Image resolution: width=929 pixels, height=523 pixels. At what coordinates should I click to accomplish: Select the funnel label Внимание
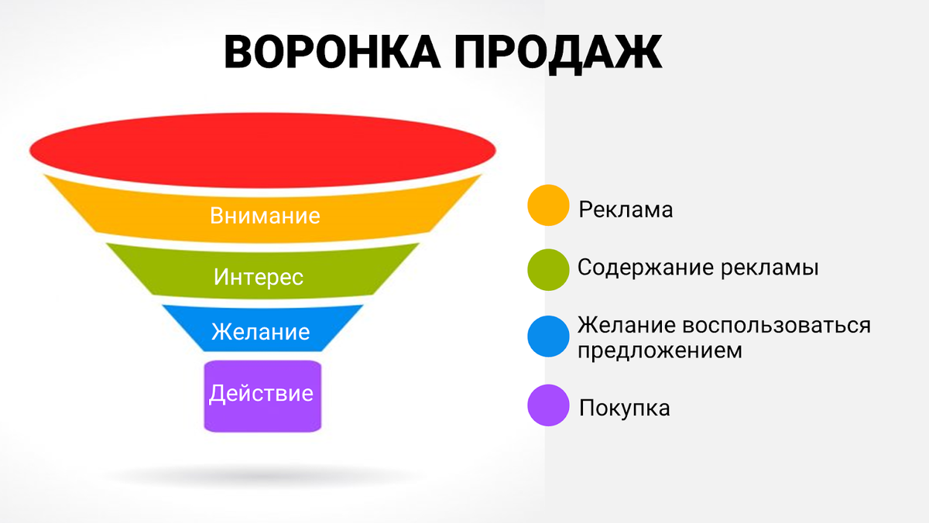point(265,215)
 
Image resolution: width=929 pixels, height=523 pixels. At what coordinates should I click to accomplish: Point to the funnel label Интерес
point(259,276)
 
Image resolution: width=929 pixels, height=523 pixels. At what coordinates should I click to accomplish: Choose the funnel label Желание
point(260,332)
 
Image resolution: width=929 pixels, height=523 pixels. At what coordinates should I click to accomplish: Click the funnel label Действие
point(261,393)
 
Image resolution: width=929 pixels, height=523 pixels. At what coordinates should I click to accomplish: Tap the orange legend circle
point(548,205)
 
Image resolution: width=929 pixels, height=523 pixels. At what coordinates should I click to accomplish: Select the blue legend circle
point(548,336)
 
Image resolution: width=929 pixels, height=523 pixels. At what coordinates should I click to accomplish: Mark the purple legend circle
point(548,405)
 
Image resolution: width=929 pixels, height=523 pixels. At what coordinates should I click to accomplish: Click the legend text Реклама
point(626,210)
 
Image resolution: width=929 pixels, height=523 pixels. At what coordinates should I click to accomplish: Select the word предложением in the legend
point(660,350)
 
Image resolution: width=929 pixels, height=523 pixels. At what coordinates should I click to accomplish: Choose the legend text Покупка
point(624,408)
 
